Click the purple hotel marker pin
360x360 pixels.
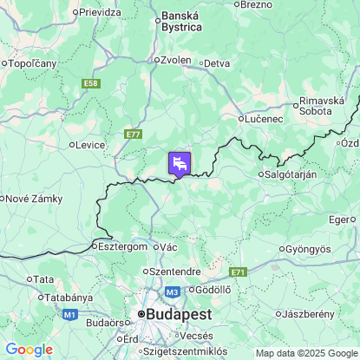click(179, 163)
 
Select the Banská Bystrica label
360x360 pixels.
click(181, 21)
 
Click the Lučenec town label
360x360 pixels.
click(265, 118)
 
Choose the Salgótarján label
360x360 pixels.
click(291, 173)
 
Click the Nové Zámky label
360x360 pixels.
click(34, 199)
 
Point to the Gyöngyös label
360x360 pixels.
click(308, 249)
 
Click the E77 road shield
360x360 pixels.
click(133, 134)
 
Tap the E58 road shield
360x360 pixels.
click(91, 83)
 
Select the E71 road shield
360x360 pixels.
click(239, 272)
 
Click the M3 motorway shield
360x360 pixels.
click(173, 292)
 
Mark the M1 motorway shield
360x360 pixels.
click(69, 313)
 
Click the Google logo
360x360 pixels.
click(29, 350)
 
